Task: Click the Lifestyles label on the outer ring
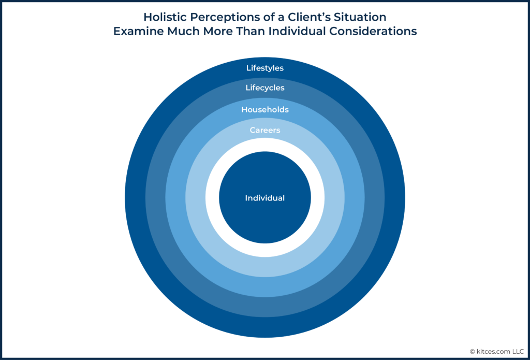point(265,68)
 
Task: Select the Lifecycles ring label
point(265,88)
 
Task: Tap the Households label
point(265,110)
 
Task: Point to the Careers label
point(265,130)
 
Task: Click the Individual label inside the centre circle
point(265,198)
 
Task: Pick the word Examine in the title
point(135,31)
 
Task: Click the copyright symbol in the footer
point(473,352)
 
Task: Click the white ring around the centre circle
point(265,145)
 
